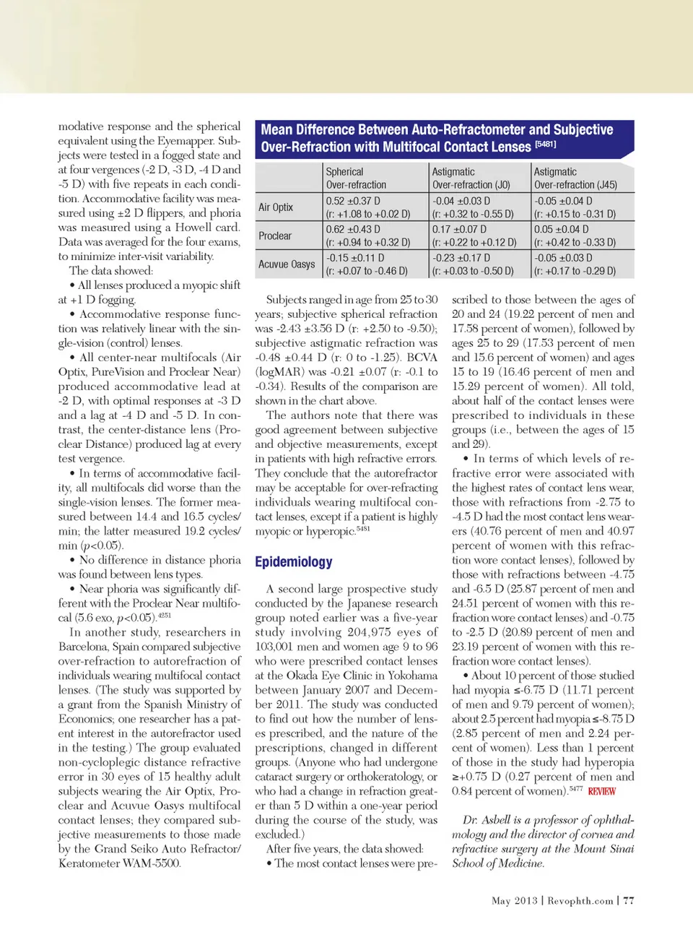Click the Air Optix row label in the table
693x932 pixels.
click(x=276, y=207)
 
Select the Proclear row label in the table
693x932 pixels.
click(x=275, y=236)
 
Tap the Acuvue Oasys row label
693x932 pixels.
click(x=287, y=264)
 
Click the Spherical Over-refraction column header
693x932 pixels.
click(x=356, y=178)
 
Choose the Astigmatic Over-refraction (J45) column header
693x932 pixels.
click(x=575, y=178)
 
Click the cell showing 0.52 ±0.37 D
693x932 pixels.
click(x=353, y=202)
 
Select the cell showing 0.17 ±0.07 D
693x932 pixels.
click(x=459, y=230)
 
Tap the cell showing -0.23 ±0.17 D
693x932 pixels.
click(x=461, y=258)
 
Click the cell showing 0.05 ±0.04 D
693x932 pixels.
click(x=562, y=230)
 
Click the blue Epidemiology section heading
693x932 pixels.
click(x=293, y=562)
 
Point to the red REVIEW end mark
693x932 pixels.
click(x=601, y=792)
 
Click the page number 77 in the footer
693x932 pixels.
click(x=629, y=901)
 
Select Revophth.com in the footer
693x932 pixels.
click(x=580, y=901)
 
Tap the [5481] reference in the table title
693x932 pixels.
click(x=545, y=144)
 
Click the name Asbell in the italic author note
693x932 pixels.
click(x=496, y=820)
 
